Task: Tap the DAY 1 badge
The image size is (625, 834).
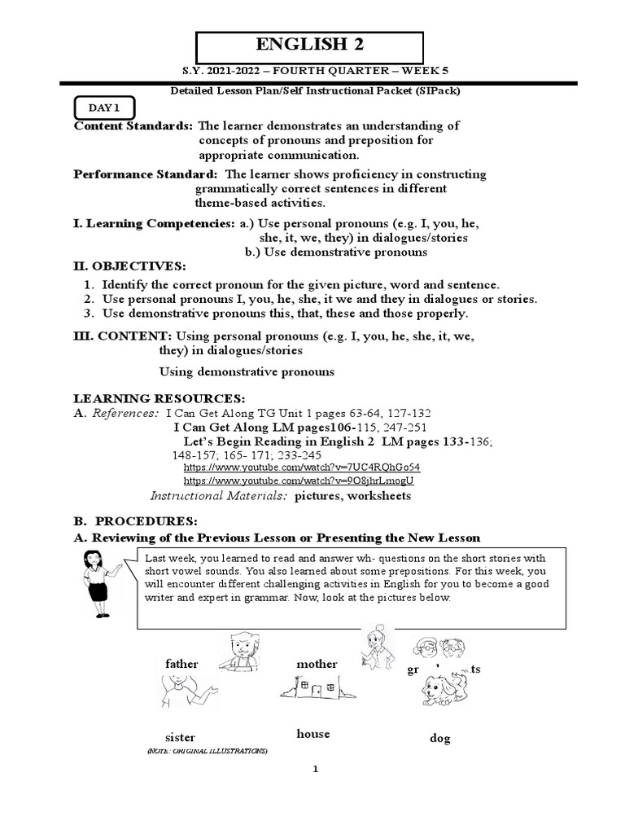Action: pyautogui.click(x=105, y=108)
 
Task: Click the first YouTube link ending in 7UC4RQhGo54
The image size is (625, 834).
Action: pyautogui.click(x=302, y=467)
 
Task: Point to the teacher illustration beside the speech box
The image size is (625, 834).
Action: pyautogui.click(x=98, y=584)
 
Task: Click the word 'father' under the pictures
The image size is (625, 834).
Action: pyautogui.click(x=181, y=664)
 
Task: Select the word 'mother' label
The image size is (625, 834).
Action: pyautogui.click(x=317, y=664)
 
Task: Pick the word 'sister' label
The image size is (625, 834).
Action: pyautogui.click(x=180, y=737)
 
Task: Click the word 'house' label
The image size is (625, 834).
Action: pyautogui.click(x=313, y=734)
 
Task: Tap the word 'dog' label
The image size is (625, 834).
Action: pyautogui.click(x=439, y=739)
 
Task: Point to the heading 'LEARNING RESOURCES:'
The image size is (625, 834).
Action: pyautogui.click(x=159, y=398)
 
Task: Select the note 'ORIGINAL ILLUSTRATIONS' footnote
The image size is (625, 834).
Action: pyautogui.click(x=207, y=750)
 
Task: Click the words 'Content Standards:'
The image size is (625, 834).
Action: pyautogui.click(x=133, y=125)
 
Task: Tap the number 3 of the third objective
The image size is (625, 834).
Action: pyautogui.click(x=88, y=314)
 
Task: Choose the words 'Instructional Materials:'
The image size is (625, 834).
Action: pyautogui.click(x=219, y=496)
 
